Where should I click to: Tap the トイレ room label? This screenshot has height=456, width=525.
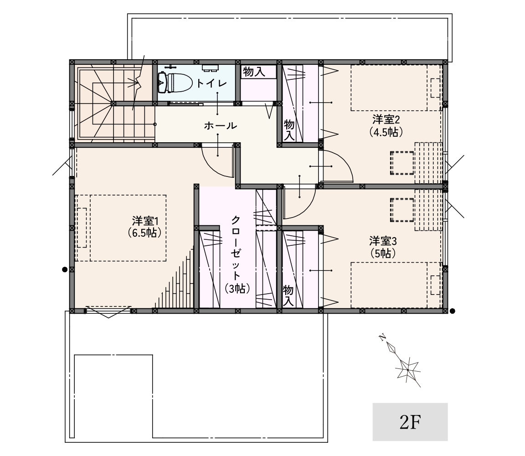pos(211,83)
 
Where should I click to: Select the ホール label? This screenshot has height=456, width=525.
pos(220,126)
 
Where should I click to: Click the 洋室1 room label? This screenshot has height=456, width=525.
pos(145,221)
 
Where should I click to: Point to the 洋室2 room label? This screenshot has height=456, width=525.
pos(386,119)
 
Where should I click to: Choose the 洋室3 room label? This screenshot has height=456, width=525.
pos(383,241)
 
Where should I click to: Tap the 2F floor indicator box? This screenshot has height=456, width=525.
pos(410,422)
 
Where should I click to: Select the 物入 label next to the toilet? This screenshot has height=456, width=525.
pos(254,72)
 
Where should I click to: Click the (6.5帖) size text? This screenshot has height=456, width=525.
pos(144,233)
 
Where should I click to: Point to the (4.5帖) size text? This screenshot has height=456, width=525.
pos(386,132)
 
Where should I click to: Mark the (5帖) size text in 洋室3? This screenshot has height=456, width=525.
pos(383,253)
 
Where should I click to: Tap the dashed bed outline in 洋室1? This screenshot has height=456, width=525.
pos(120,228)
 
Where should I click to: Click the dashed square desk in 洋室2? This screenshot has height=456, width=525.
pos(402,163)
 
